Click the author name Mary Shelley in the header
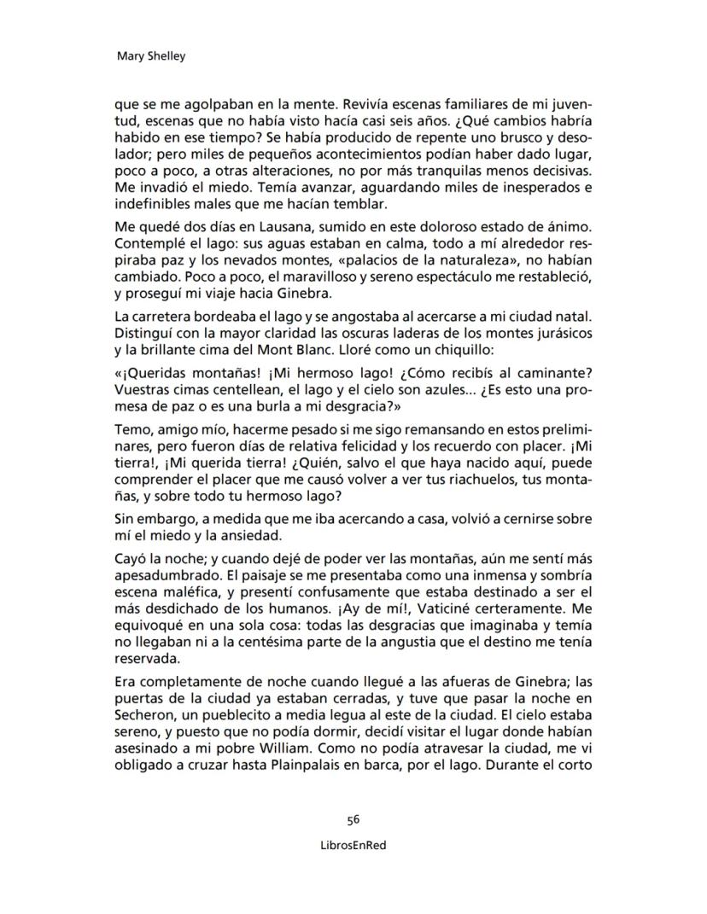click(150, 57)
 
